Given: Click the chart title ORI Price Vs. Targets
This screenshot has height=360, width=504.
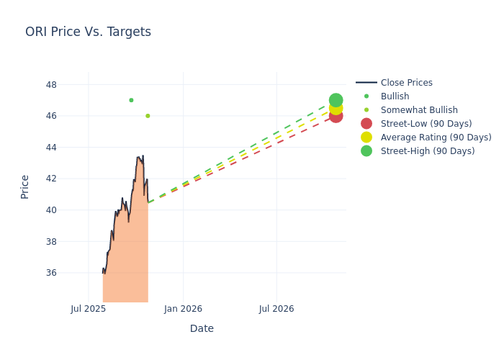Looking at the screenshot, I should [88, 32].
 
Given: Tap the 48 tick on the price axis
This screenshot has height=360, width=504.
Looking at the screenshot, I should [51, 84].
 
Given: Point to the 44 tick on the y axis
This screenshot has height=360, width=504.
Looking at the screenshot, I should [51, 147].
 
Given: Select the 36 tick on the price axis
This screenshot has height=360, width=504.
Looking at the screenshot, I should [51, 273].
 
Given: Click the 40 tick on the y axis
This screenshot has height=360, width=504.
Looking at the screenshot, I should [51, 210].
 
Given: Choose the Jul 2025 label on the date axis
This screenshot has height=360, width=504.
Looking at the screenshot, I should [88, 309].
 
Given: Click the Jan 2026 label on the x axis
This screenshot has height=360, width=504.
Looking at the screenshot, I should [183, 309].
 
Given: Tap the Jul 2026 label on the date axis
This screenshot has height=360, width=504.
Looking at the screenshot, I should [276, 309].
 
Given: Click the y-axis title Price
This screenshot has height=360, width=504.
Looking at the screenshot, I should [25, 186].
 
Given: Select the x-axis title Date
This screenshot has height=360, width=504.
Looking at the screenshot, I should [202, 329].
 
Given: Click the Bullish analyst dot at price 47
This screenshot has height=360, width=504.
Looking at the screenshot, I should [131, 100].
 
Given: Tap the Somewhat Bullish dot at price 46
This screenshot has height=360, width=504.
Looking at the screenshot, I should [148, 116].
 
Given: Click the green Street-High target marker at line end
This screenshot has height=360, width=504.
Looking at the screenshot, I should [336, 100].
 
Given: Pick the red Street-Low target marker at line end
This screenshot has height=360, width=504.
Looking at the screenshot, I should [336, 116].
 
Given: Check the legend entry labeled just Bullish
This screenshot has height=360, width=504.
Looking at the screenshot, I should [395, 96].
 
